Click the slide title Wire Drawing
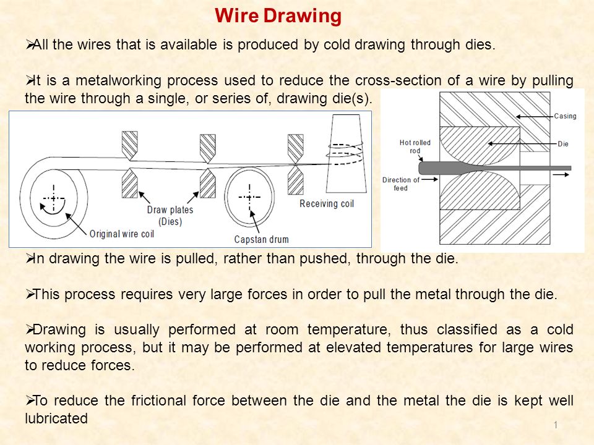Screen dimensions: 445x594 click(x=278, y=15)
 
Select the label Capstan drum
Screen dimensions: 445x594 click(x=261, y=239)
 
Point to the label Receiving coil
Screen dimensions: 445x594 click(x=327, y=203)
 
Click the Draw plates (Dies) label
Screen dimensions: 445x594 click(x=170, y=215)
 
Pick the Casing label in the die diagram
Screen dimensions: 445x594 click(x=565, y=116)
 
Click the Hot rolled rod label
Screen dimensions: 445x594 click(x=415, y=146)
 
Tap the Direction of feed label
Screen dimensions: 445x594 click(x=401, y=184)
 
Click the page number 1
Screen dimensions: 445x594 click(x=556, y=424)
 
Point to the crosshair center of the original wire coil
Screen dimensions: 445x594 click(x=54, y=198)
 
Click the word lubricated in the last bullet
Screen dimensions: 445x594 click(x=56, y=418)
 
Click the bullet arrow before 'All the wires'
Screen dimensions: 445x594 click(x=28, y=44)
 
